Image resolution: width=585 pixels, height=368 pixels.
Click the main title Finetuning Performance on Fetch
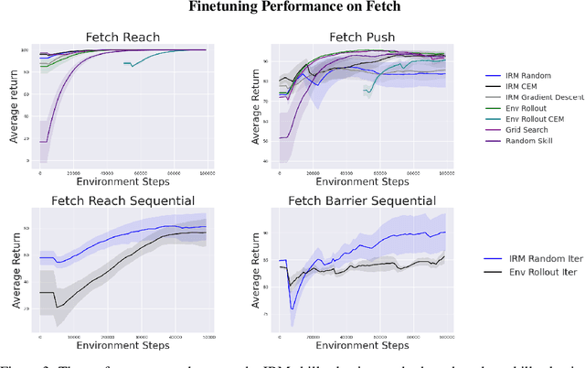click(292, 8)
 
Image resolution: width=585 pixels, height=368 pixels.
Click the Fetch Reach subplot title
click(122, 38)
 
